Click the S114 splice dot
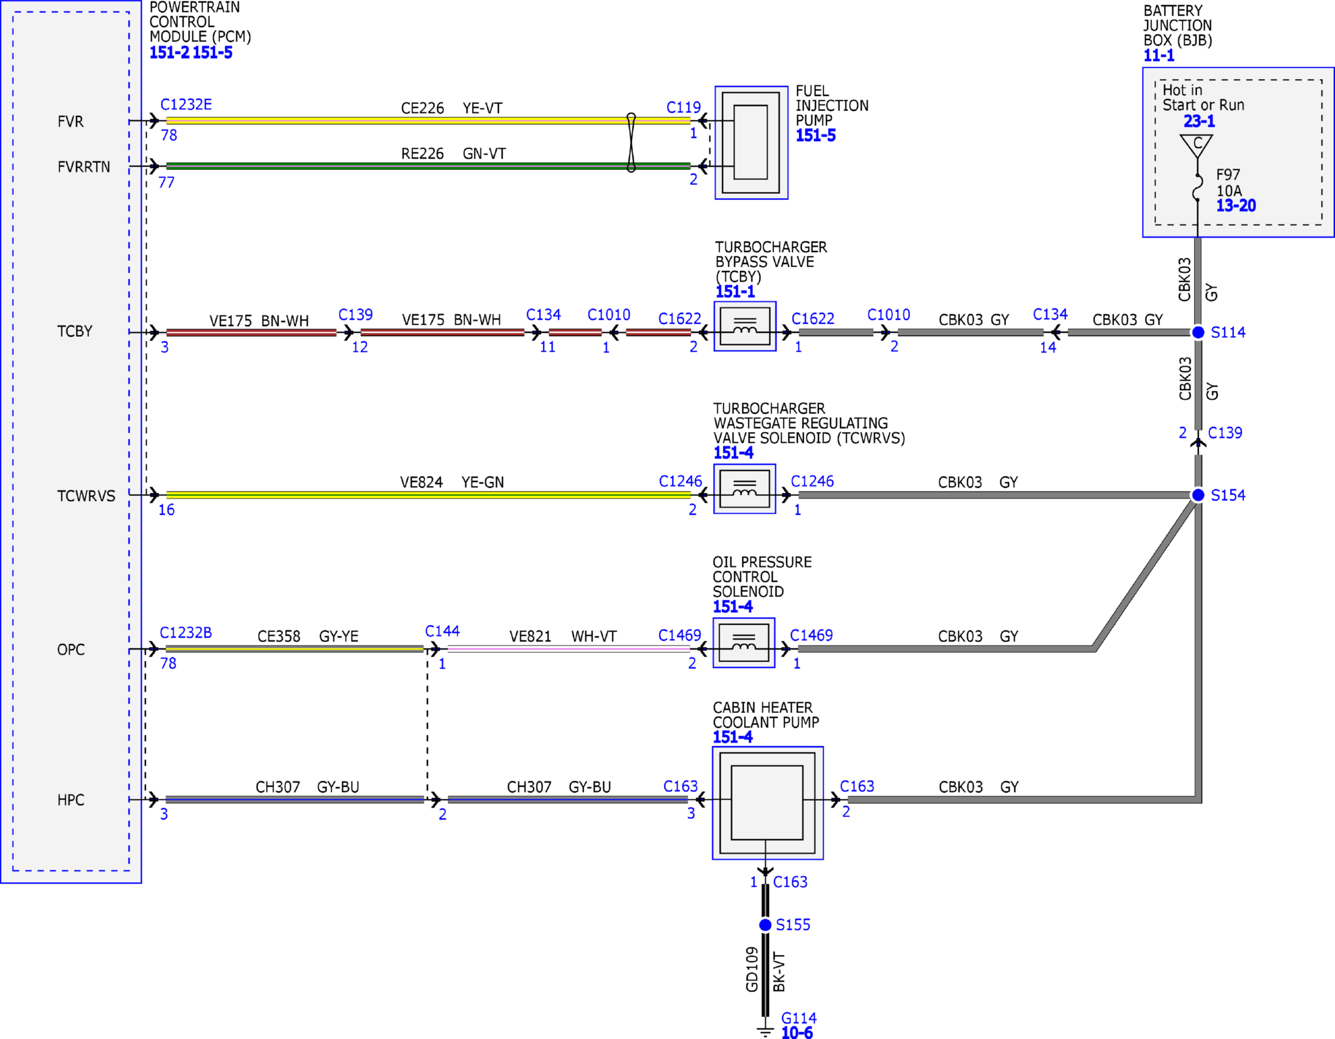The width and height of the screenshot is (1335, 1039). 1198,332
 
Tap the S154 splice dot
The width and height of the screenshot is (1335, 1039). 1198,495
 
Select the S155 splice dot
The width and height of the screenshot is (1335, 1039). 765,925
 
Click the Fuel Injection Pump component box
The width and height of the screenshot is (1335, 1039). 751,143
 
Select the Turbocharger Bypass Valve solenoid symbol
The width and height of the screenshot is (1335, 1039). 745,326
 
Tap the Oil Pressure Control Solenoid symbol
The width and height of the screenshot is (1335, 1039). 744,643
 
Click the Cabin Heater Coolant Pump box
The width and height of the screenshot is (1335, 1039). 768,803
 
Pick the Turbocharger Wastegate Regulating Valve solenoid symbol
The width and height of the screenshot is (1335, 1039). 745,489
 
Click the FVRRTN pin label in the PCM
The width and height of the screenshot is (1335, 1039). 84,167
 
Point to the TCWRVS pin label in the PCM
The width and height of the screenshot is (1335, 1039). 86,496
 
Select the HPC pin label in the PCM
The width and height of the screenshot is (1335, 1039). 71,800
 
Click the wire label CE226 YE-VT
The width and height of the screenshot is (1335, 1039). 452,108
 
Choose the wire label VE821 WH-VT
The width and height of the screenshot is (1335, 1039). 563,636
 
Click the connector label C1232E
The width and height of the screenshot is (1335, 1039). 186,104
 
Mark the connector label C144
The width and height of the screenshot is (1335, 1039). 442,631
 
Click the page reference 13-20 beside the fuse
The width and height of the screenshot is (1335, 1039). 1236,206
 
